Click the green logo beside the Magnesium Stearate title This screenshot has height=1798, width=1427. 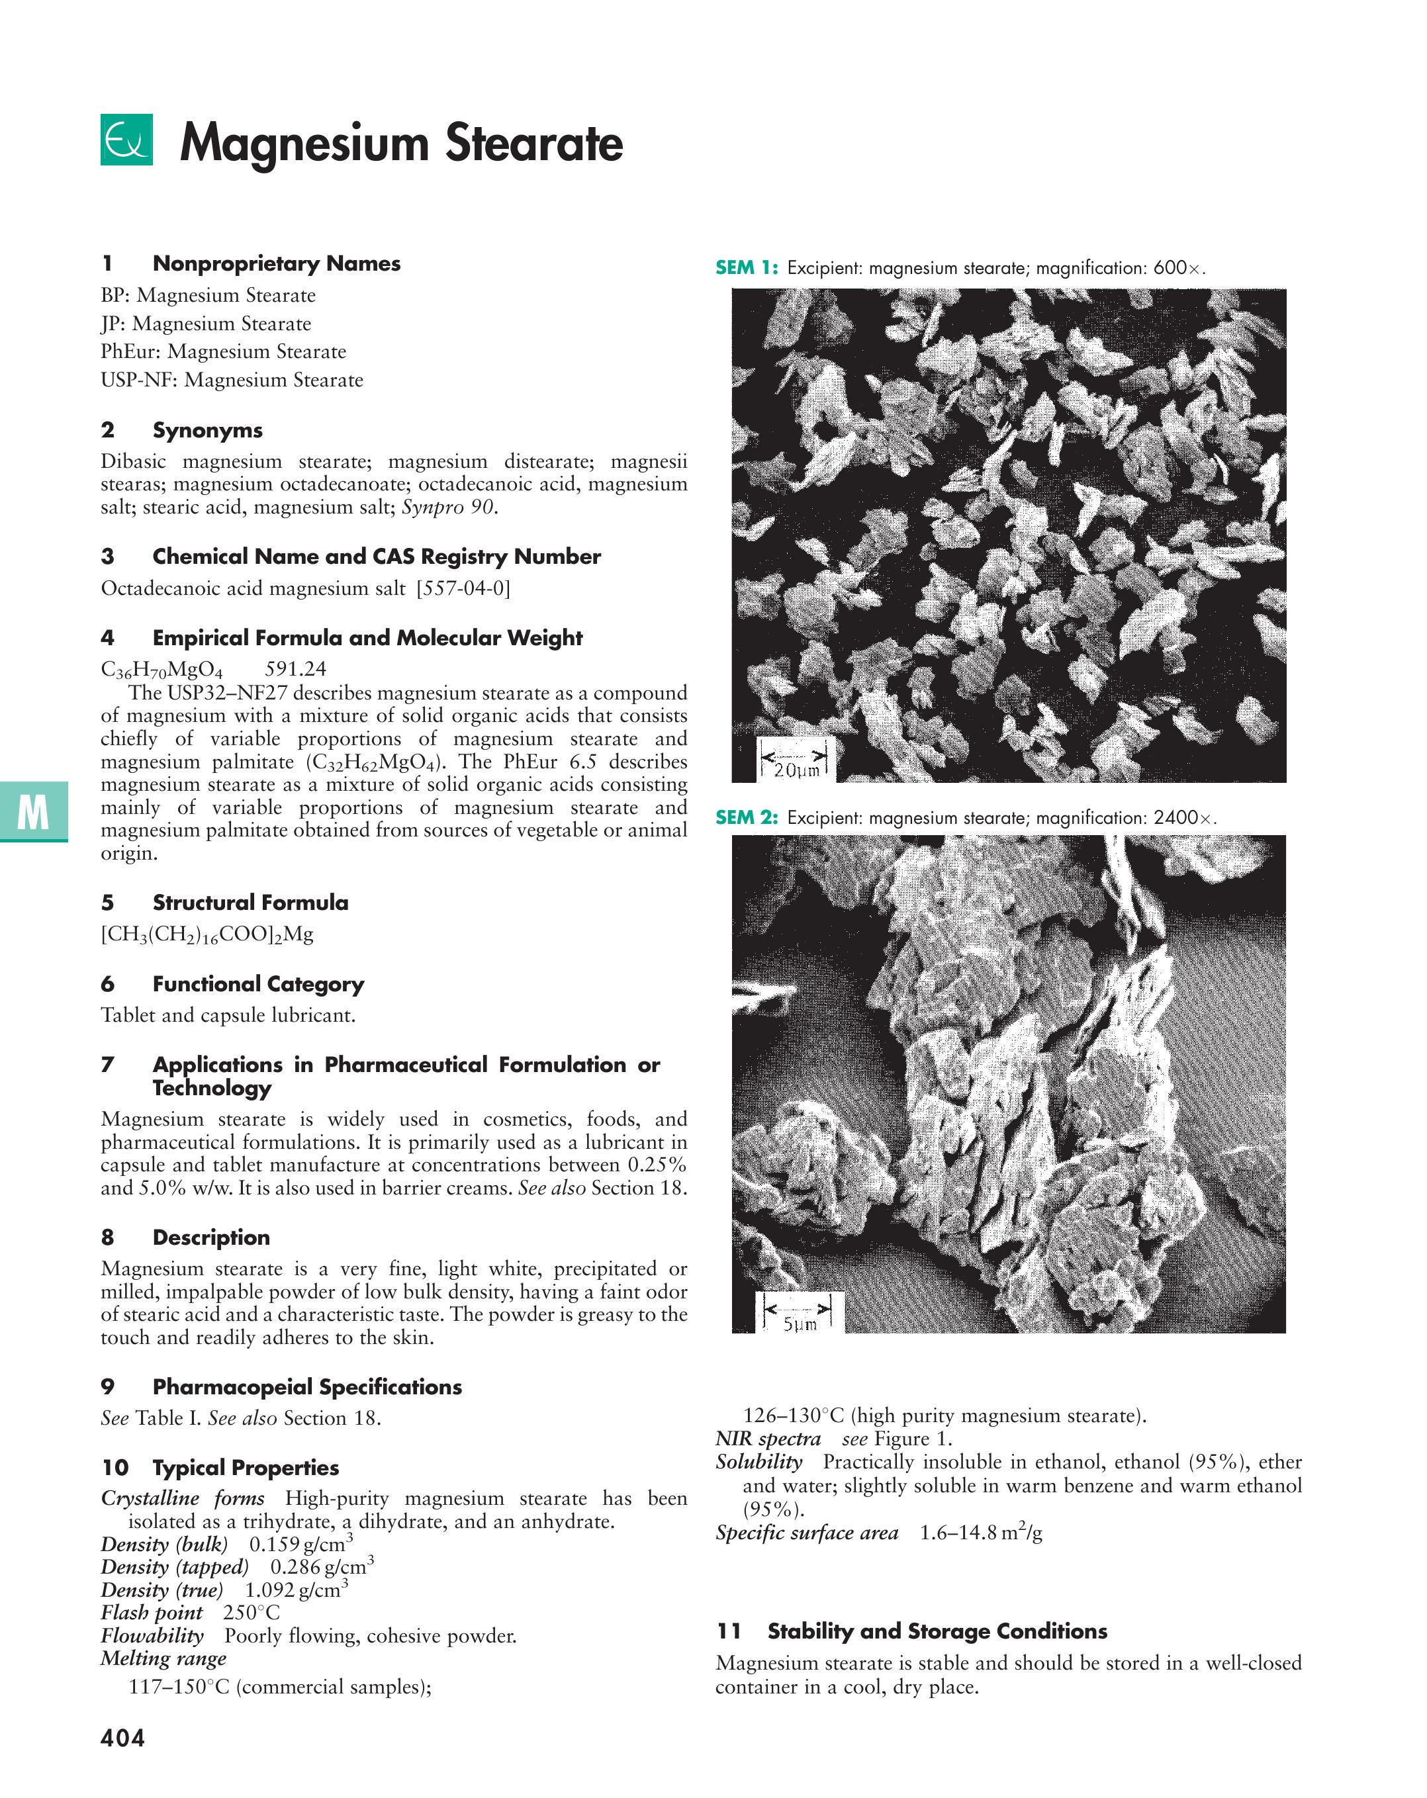[126, 139]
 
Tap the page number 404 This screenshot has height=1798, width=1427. [122, 1738]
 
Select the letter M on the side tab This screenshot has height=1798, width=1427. [32, 811]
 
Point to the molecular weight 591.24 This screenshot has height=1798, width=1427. [295, 669]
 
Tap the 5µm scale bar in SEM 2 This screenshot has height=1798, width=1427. [799, 1313]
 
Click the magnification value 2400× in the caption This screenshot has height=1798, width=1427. [1184, 817]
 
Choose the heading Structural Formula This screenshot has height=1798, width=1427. [250, 903]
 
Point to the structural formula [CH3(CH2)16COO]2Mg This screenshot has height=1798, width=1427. [207, 934]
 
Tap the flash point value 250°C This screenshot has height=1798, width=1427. [251, 1612]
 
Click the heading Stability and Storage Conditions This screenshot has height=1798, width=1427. [937, 1631]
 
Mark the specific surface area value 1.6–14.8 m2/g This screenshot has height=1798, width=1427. [981, 1533]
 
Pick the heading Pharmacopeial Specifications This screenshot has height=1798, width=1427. [307, 1387]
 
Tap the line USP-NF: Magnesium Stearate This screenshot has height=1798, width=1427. [232, 381]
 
